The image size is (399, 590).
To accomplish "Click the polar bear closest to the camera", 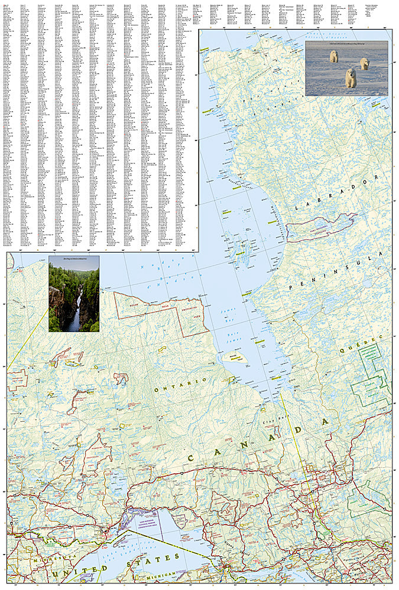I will [351, 77].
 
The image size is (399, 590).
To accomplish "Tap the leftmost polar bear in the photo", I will [334, 56].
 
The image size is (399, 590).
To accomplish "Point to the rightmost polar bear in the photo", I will [364, 63].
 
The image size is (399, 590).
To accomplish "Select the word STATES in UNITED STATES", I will [160, 558].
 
